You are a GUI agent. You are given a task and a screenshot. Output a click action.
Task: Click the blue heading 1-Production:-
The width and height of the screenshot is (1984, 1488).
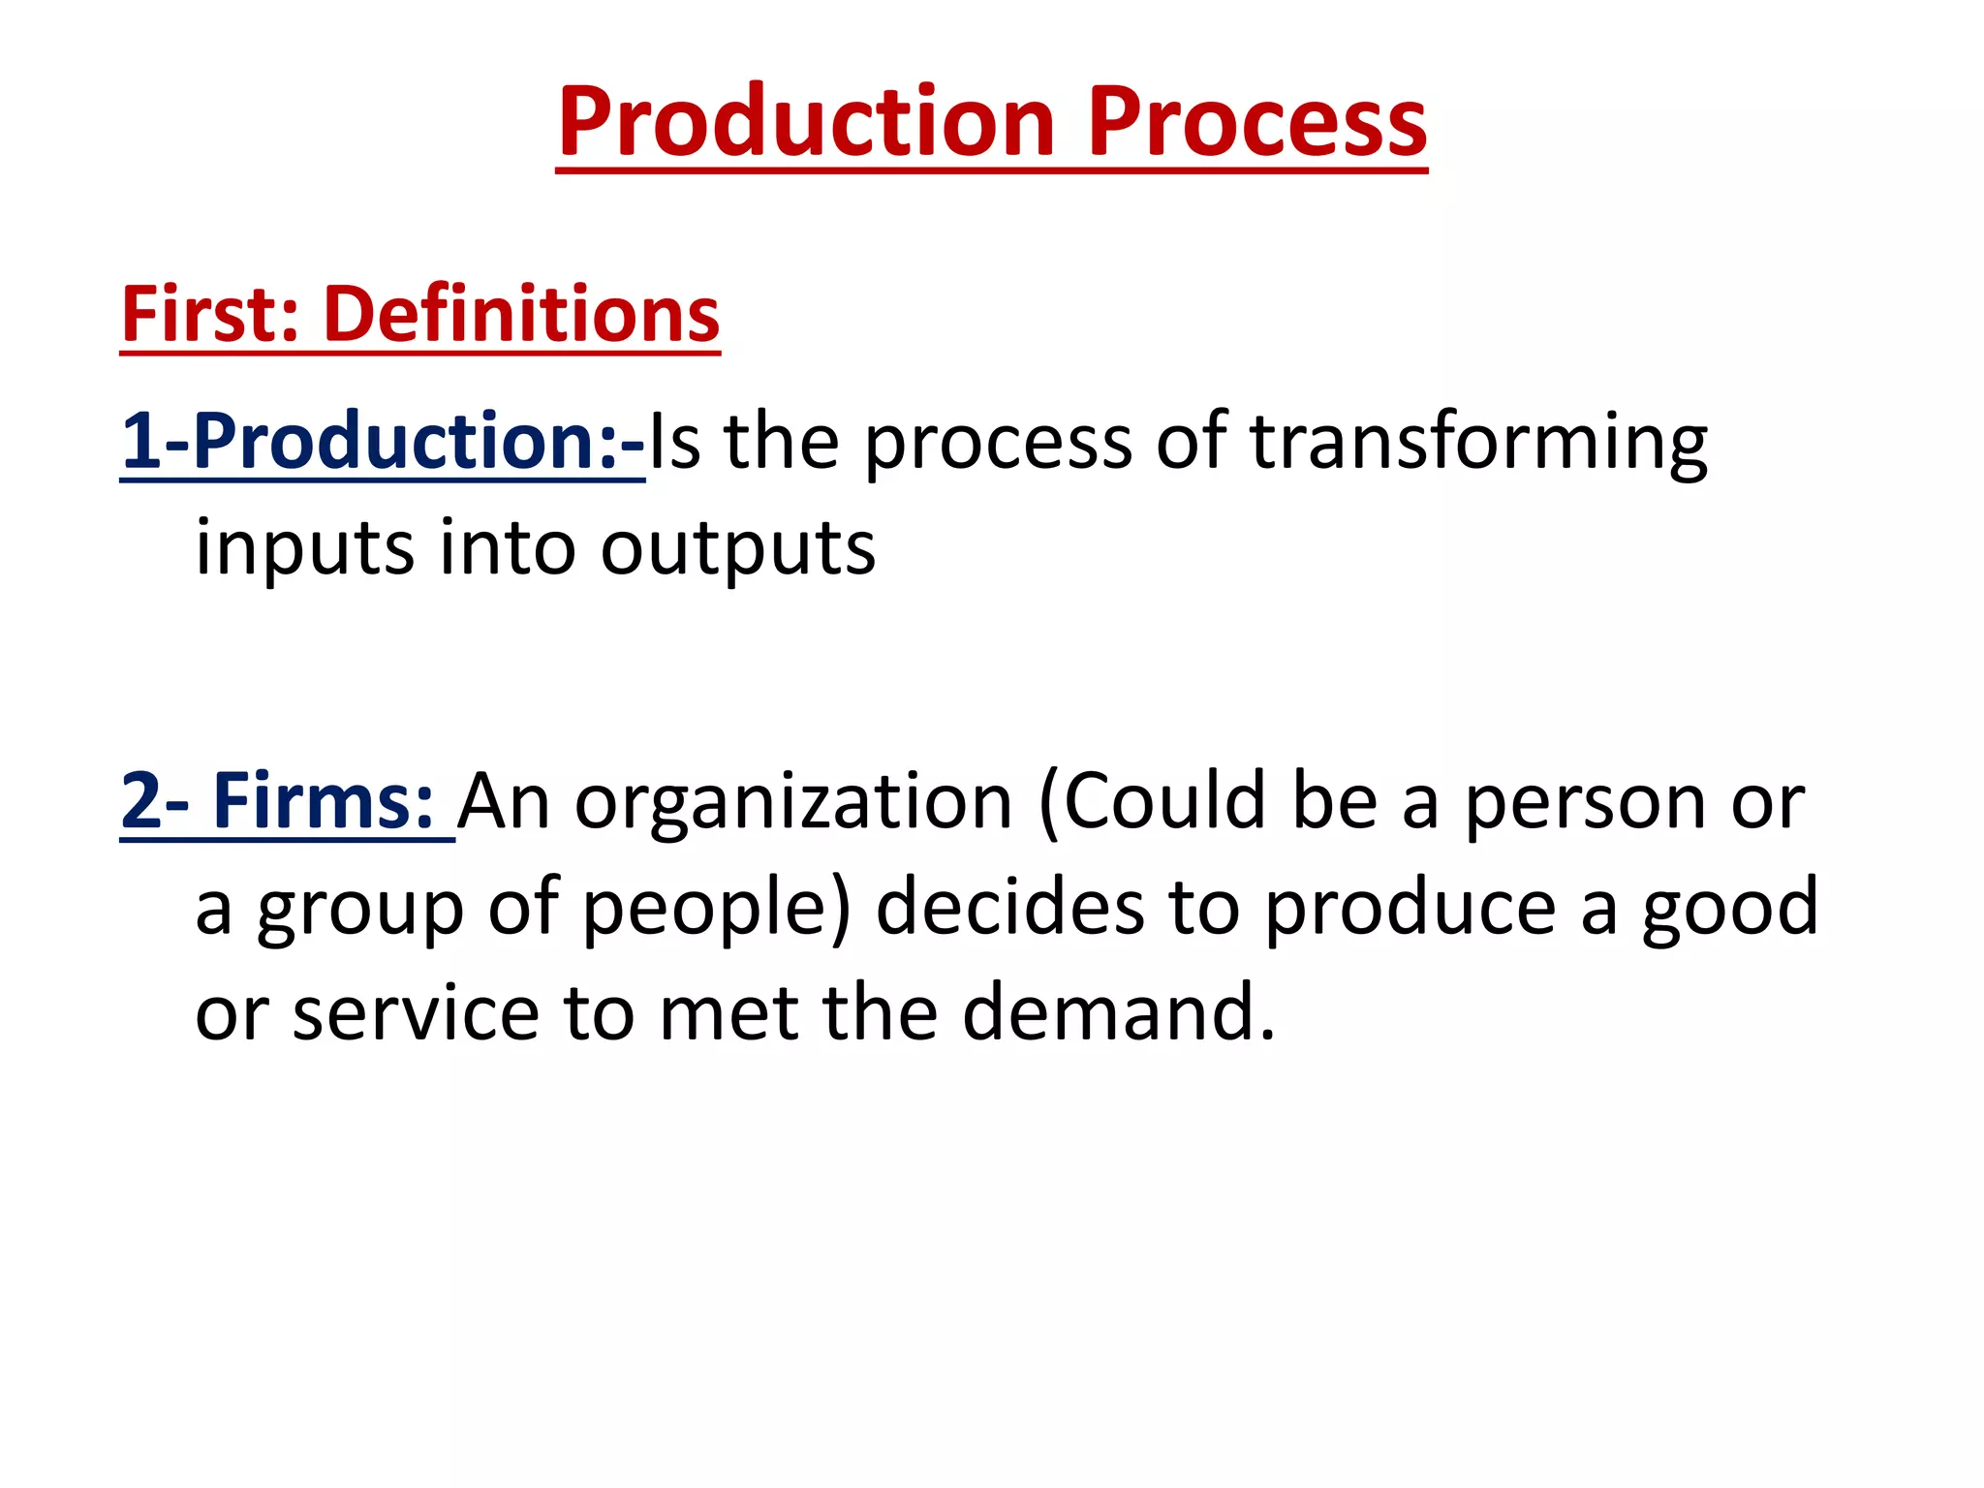pos(383,442)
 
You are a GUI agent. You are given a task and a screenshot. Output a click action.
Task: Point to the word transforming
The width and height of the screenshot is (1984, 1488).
pos(1478,442)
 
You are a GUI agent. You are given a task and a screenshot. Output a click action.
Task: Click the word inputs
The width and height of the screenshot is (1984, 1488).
pos(305,548)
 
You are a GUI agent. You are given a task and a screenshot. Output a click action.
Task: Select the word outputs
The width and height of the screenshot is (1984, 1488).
pos(738,548)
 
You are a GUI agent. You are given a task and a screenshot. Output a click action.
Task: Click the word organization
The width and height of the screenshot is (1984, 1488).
pos(793,802)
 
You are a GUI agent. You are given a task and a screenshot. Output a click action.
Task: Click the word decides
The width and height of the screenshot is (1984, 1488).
pos(1010,907)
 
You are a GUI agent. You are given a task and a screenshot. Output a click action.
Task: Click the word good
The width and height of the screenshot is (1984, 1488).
pos(1730,909)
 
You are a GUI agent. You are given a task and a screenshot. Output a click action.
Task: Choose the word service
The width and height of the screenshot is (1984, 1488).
pos(416,1013)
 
